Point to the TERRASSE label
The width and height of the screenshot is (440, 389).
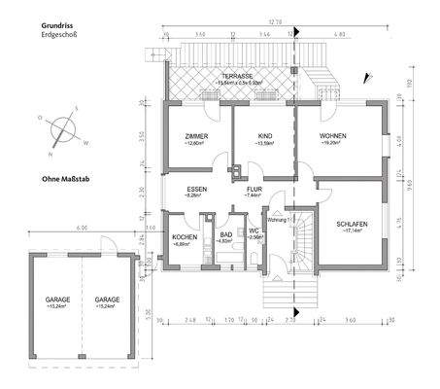point(237,75)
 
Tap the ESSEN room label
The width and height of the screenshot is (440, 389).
point(198,189)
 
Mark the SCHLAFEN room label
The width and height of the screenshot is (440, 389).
point(351,224)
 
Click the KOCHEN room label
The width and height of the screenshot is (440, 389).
point(186,238)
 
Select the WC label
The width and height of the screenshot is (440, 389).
point(254,232)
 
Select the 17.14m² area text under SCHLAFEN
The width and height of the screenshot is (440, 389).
point(351,231)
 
